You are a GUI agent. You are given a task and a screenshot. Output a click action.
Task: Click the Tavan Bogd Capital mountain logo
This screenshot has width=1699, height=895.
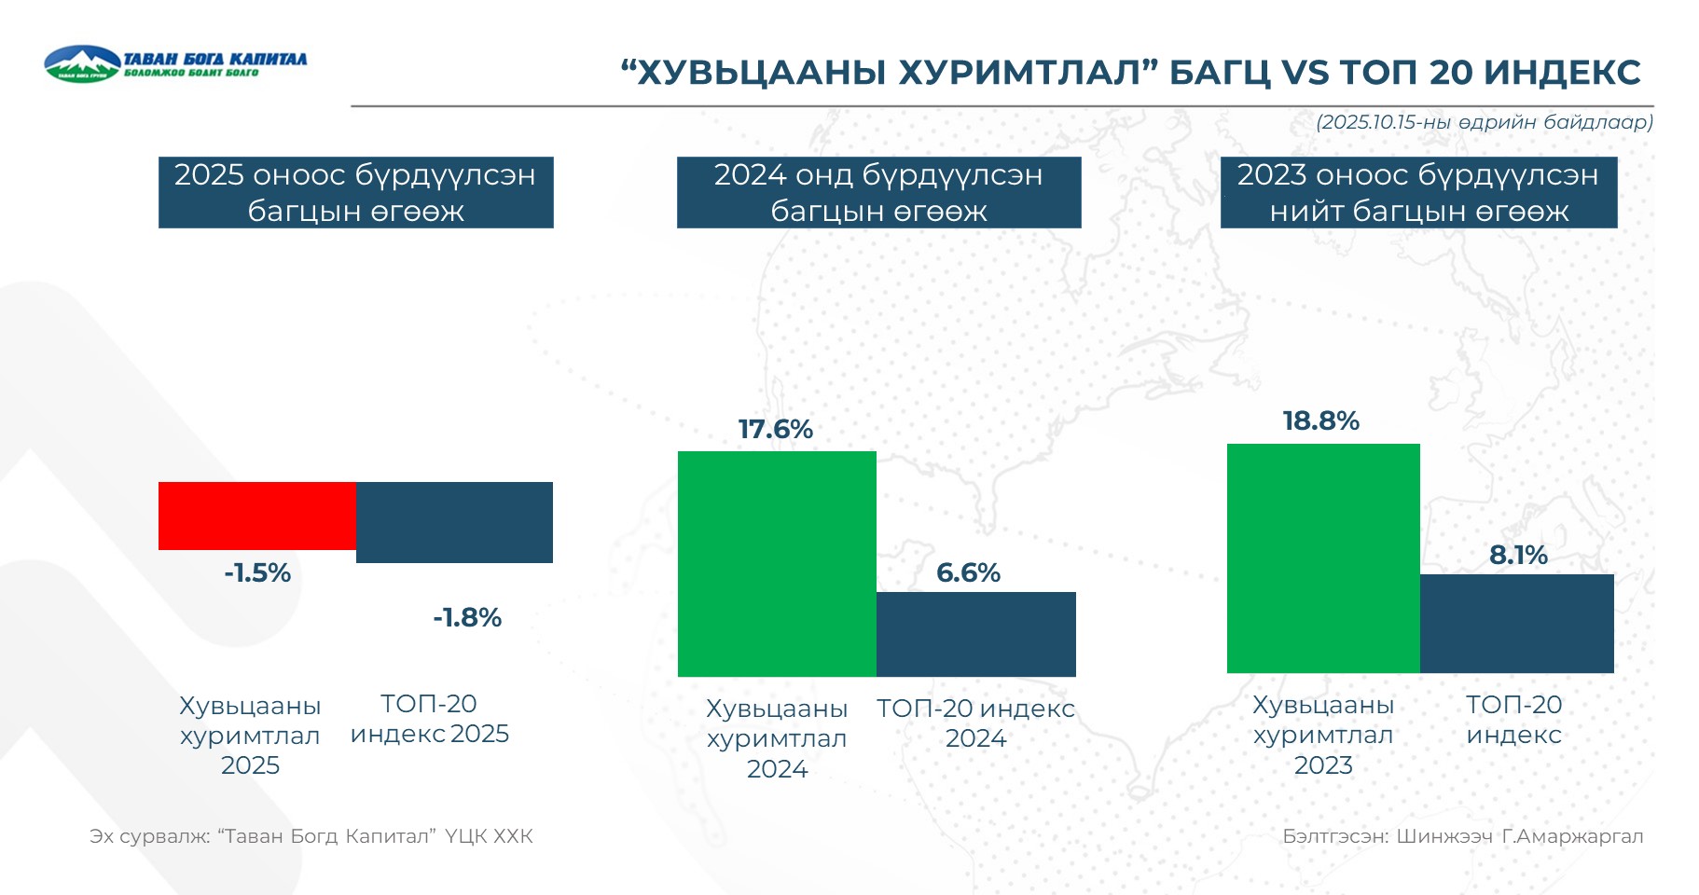click(x=82, y=63)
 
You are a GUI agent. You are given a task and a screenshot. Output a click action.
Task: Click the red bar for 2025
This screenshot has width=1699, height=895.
click(x=257, y=516)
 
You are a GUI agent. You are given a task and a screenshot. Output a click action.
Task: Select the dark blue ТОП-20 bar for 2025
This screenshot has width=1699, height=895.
click(x=454, y=522)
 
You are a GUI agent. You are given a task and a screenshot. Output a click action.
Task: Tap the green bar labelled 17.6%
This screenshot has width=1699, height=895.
click(x=777, y=563)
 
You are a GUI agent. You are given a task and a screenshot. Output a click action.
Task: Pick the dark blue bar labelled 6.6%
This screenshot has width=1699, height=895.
click(x=975, y=634)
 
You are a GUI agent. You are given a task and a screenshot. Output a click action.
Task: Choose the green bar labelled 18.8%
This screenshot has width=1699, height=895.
click(x=1323, y=558)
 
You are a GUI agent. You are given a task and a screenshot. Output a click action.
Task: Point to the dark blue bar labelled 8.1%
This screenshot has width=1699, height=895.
click(x=1516, y=623)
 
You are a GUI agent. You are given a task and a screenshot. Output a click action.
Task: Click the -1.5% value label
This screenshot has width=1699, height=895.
click(x=257, y=572)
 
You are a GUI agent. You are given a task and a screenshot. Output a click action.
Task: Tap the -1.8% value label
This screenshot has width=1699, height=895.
click(x=467, y=617)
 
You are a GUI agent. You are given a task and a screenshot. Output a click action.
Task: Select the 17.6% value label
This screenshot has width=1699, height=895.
click(x=776, y=429)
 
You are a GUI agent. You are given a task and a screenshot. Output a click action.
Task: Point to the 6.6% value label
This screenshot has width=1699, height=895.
click(x=968, y=572)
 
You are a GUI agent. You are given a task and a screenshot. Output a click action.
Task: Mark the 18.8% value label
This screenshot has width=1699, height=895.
click(x=1321, y=420)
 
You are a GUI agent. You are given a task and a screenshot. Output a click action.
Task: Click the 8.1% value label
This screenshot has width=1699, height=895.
click(x=1518, y=555)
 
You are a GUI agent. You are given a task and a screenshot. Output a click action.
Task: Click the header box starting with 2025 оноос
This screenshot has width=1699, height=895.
click(x=355, y=192)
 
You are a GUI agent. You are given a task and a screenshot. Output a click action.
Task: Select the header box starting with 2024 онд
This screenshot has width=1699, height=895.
click(x=878, y=192)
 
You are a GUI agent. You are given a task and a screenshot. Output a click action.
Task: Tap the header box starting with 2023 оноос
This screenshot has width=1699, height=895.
click(x=1418, y=192)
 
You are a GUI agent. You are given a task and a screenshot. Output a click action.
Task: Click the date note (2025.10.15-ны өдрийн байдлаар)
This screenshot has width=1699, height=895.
click(x=1485, y=122)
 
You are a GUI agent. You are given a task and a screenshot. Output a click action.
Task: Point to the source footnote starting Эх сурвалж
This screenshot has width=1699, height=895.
click(x=311, y=836)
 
